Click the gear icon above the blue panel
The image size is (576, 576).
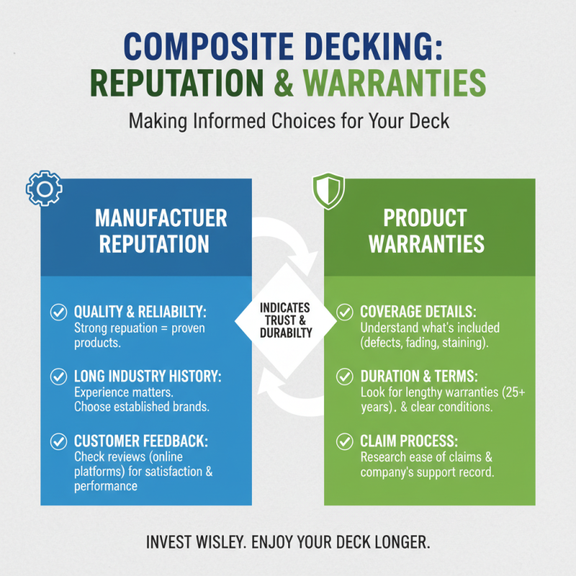click(x=44, y=189)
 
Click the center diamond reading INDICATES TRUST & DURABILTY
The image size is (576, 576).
click(x=287, y=320)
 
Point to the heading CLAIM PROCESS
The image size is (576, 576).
click(x=408, y=441)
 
